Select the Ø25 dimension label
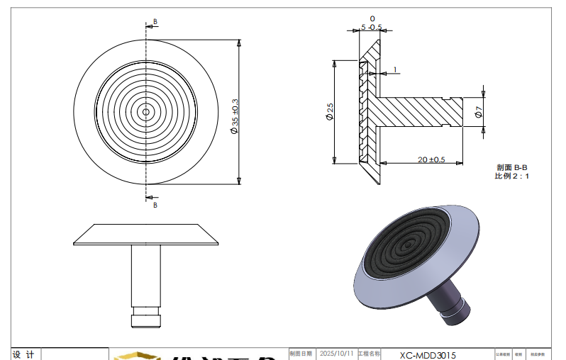(x=330, y=111)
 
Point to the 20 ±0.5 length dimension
(x=431, y=160)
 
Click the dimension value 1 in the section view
(x=395, y=70)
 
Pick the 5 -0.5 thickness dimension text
(x=372, y=27)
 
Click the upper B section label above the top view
(x=155, y=22)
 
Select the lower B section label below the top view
(x=155, y=205)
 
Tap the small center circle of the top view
(x=146, y=111)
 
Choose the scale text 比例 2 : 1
(x=511, y=175)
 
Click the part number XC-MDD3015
(x=428, y=355)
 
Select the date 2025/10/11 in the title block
(x=336, y=353)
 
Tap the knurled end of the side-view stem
(x=146, y=317)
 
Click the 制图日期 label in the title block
(x=301, y=353)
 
